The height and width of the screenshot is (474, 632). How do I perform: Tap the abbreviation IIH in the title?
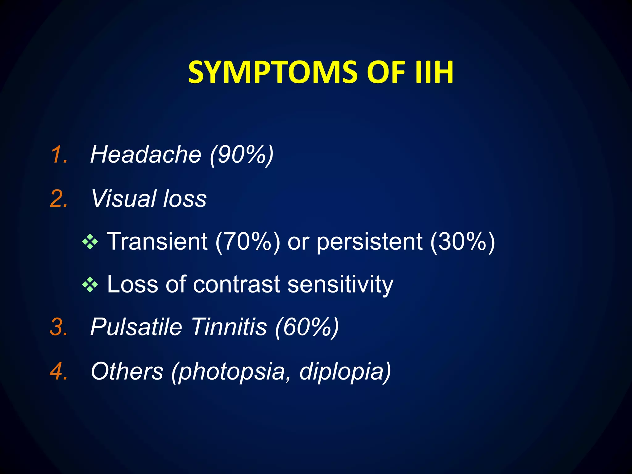click(x=434, y=73)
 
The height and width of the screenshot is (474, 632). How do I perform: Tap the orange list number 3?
click(x=59, y=327)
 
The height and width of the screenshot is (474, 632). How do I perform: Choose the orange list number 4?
click(x=59, y=371)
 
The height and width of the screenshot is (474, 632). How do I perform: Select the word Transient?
click(x=157, y=241)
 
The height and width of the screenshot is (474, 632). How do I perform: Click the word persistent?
click(x=369, y=241)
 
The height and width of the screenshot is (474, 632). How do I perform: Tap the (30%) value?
click(x=463, y=241)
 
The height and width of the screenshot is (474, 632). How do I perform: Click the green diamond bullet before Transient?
click(x=90, y=242)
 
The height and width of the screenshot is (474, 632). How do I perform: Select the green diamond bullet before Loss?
click(x=90, y=285)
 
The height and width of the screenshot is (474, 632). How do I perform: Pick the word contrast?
click(x=236, y=284)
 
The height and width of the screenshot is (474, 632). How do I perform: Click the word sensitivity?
click(x=340, y=284)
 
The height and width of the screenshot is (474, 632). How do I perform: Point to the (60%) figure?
click(x=307, y=327)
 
